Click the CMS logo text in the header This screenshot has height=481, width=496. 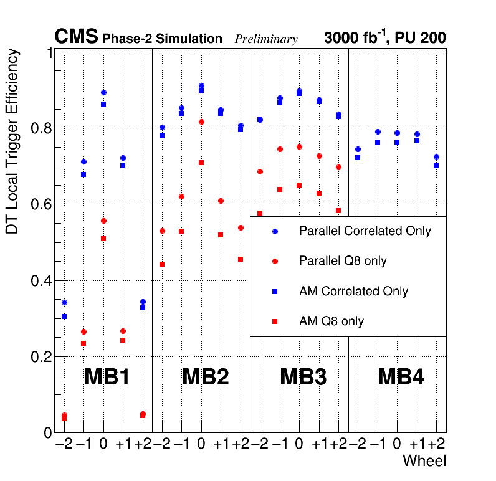coord(76,37)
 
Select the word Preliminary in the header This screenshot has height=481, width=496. coord(266,39)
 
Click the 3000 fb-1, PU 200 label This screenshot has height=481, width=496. coord(384,38)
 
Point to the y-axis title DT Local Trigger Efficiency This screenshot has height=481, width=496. coord(12,142)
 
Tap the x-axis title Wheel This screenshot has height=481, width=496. coord(424,461)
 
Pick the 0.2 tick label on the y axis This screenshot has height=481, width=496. coord(41,357)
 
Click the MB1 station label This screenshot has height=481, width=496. coord(107,377)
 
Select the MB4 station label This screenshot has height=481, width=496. coord(401,377)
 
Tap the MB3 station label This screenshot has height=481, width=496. coord(303,377)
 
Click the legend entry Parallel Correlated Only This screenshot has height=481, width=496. coord(365,231)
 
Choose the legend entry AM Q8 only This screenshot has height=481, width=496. coord(331,321)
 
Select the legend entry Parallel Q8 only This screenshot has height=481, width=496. coord(343,261)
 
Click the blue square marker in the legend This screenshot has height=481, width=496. coord(275,292)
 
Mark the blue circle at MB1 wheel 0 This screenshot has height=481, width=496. coord(103,93)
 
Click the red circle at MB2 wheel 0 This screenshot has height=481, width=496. coord(201,121)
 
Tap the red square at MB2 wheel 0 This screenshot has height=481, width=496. coord(201,163)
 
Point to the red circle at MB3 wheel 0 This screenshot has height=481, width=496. coord(299,146)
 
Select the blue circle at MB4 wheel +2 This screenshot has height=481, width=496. coord(436,156)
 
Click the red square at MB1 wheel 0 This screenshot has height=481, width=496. coord(103,239)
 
